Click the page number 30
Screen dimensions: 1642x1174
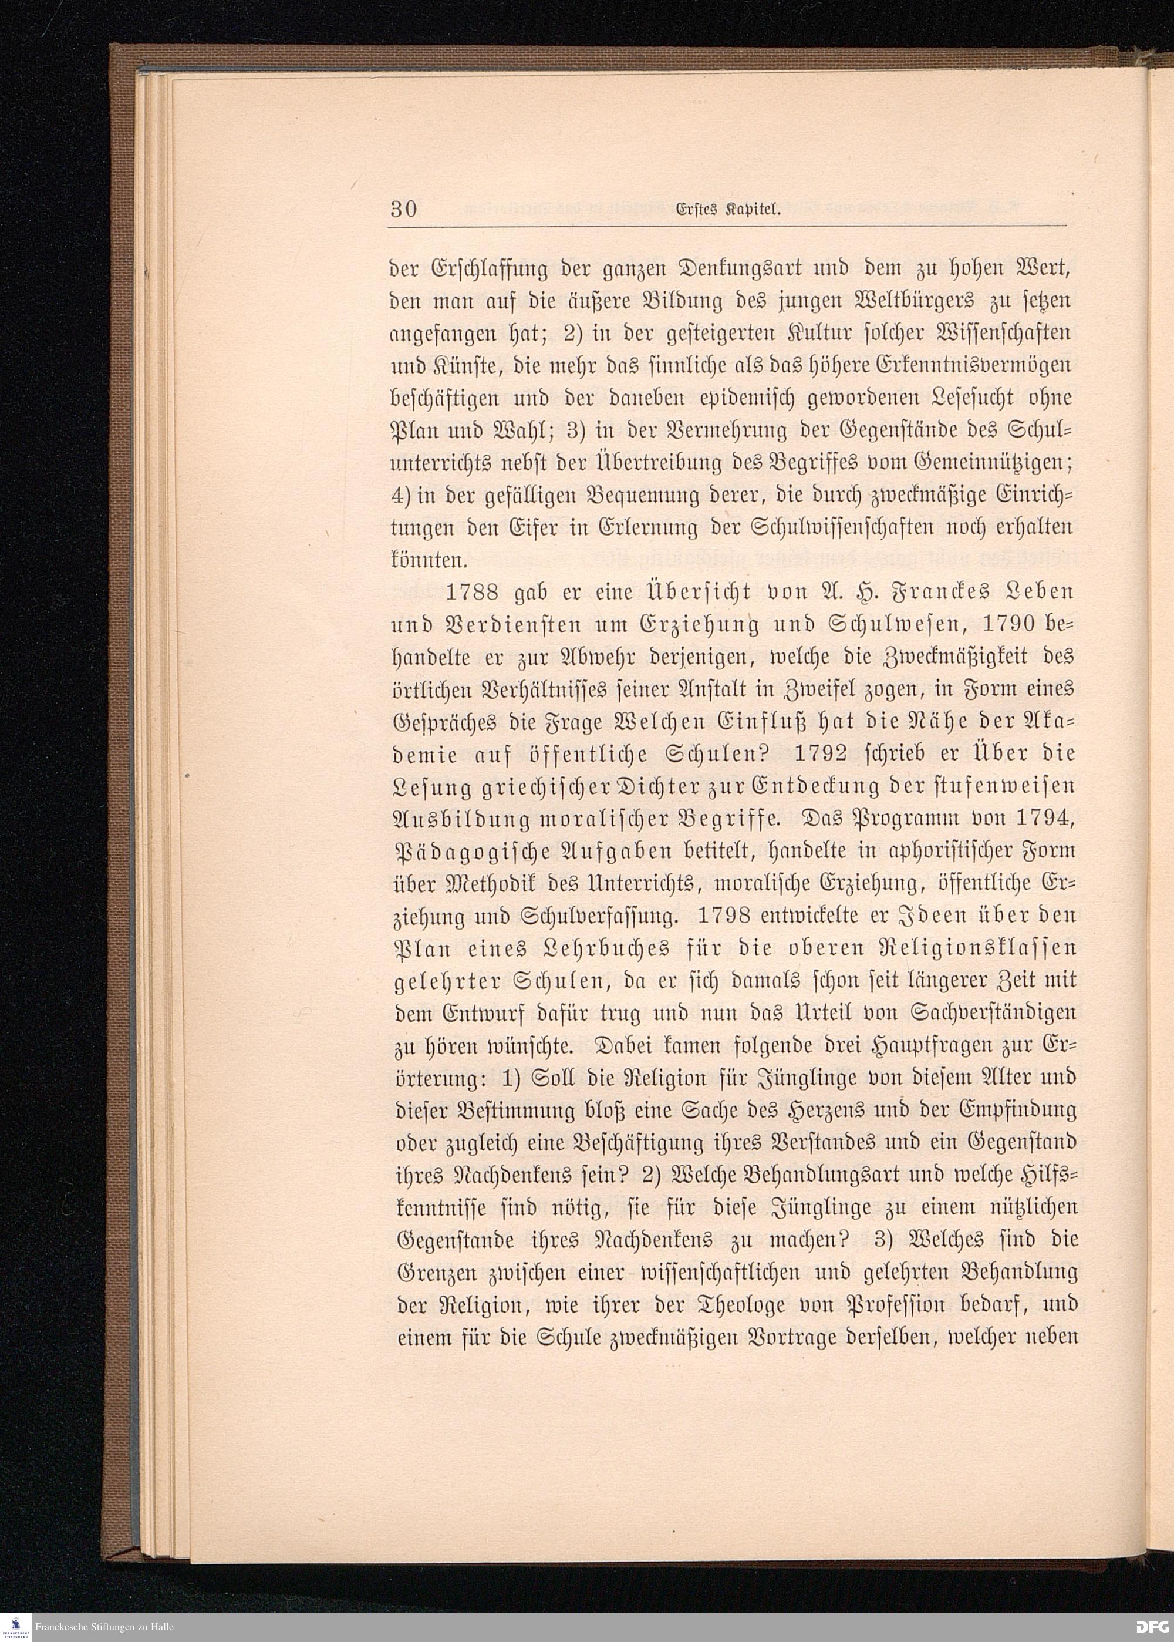[404, 209]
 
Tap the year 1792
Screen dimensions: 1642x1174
[820, 753]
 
